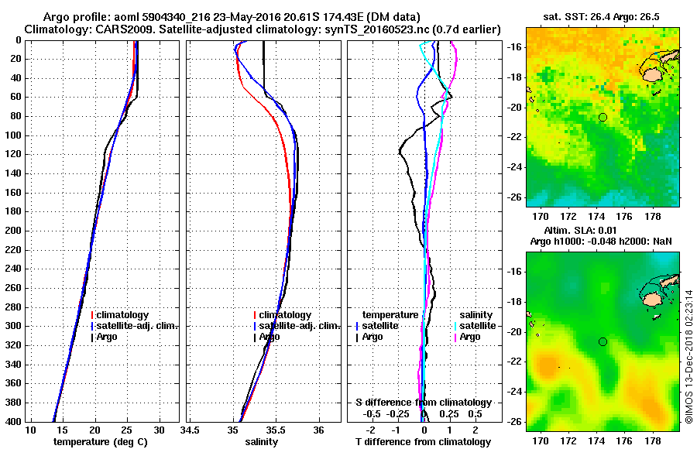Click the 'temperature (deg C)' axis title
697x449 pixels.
pyautogui.click(x=100, y=442)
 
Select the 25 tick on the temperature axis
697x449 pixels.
pyautogui.click(x=128, y=430)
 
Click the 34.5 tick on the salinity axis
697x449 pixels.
pyautogui.click(x=191, y=430)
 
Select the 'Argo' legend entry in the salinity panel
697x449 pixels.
pyautogui.click(x=270, y=337)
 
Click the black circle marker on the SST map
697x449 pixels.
pyautogui.click(x=603, y=117)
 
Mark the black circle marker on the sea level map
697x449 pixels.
pyautogui.click(x=603, y=341)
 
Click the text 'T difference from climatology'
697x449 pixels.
pyautogui.click(x=423, y=442)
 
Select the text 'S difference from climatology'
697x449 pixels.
pyautogui.click(x=423, y=403)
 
